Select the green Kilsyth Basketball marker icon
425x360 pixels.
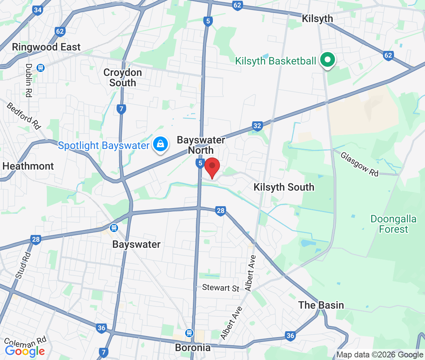tap(327, 60)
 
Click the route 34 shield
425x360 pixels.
tap(37, 10)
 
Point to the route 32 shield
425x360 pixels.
tap(258, 126)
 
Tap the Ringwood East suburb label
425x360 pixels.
tap(46, 47)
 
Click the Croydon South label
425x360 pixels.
tap(122, 77)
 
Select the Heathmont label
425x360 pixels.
tap(28, 166)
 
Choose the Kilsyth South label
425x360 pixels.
tap(284, 187)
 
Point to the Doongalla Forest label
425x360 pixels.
tap(394, 224)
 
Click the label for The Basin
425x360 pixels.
tap(321, 305)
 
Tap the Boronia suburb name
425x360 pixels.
tap(193, 347)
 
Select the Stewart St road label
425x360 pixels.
tap(221, 288)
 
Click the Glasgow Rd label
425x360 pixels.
tap(359, 164)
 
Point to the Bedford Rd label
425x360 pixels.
tap(23, 115)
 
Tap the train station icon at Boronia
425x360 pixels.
tap(189, 333)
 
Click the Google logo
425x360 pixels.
tap(25, 351)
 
